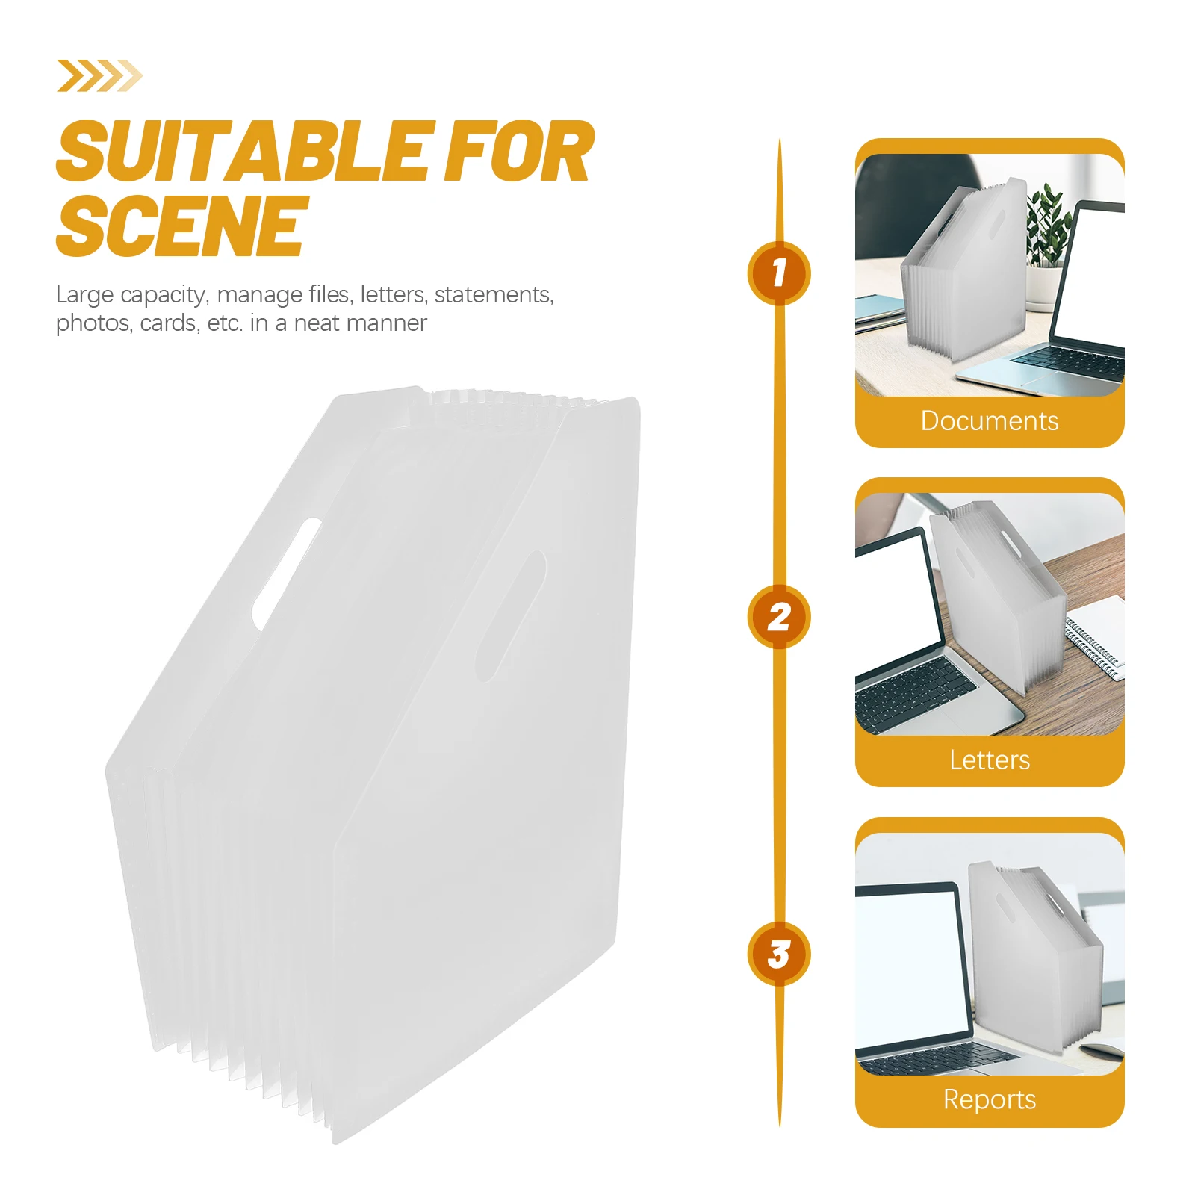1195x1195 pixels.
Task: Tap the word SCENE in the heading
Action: (x=181, y=226)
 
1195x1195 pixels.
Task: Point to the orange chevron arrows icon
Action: (x=99, y=75)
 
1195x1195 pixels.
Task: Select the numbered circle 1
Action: (x=779, y=273)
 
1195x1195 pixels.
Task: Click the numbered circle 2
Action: (x=779, y=617)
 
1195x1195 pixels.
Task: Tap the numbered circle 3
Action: (x=779, y=954)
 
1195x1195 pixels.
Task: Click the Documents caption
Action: (x=990, y=420)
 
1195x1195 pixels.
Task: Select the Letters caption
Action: (x=990, y=760)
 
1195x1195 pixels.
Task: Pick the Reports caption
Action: (x=990, y=1099)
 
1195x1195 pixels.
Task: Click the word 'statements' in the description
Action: (x=494, y=295)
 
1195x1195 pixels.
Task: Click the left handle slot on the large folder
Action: (x=287, y=573)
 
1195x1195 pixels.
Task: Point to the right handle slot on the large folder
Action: (x=511, y=616)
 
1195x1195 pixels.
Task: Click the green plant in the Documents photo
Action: (x=1049, y=224)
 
